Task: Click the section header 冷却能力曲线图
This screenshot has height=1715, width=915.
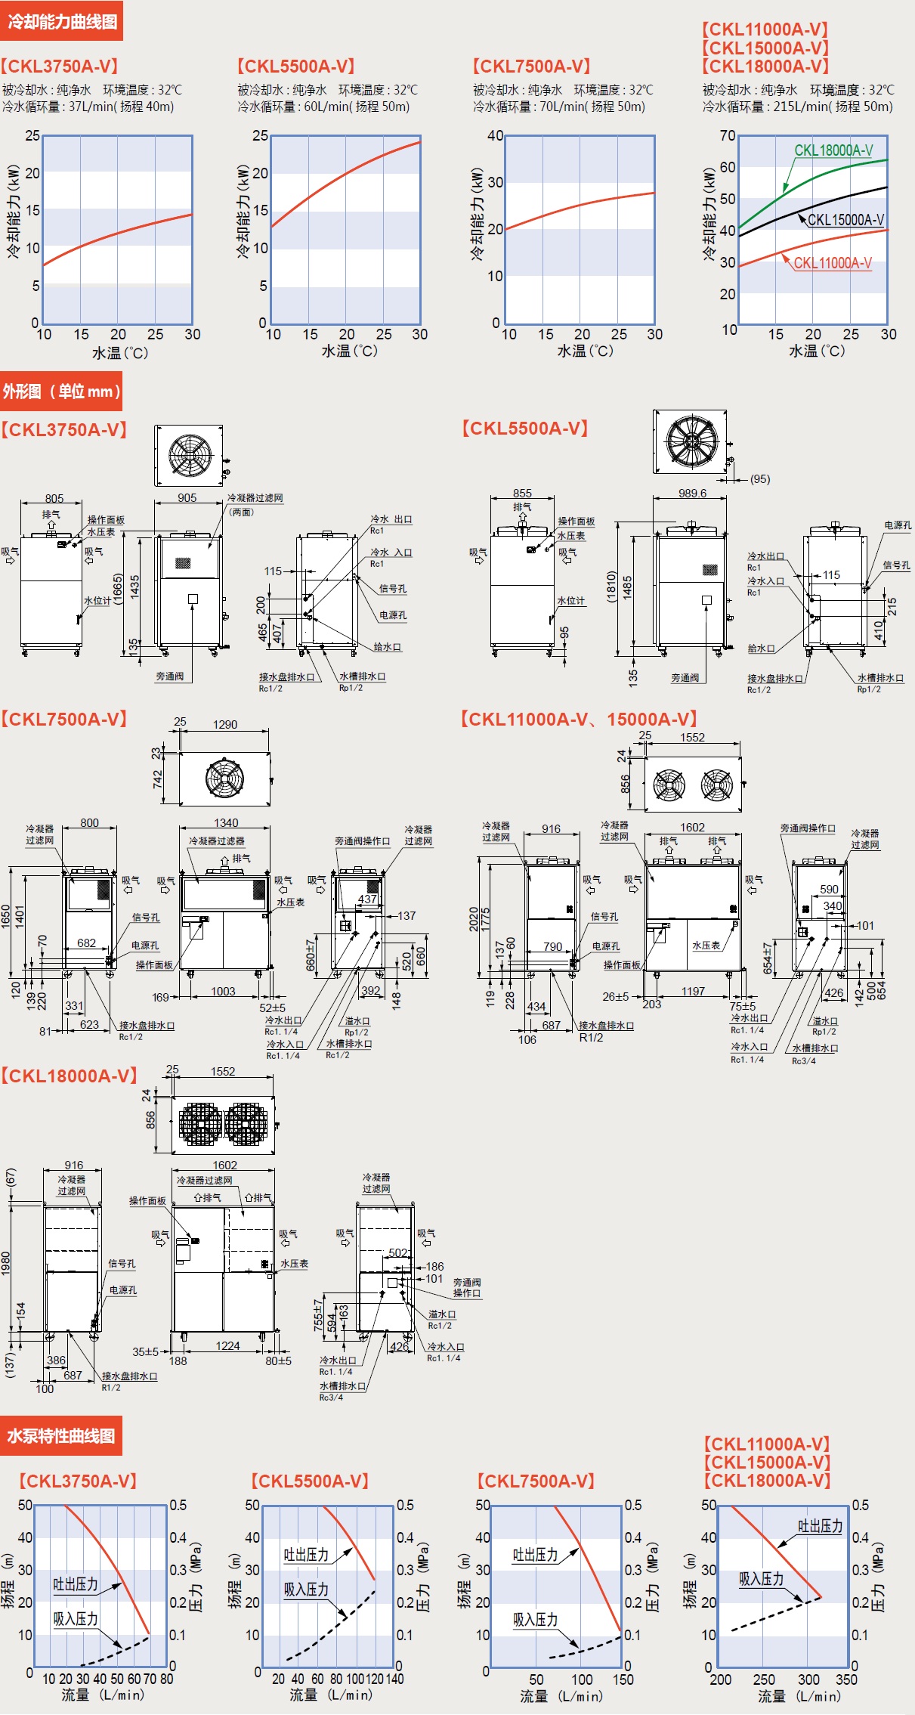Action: tap(62, 21)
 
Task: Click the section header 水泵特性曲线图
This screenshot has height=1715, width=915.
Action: tap(61, 1435)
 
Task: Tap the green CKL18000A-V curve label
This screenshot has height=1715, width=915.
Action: tap(833, 150)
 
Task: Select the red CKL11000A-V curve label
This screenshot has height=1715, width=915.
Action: tap(832, 263)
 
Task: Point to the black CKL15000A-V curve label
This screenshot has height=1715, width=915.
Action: tap(845, 220)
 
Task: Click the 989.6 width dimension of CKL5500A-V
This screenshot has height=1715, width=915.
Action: tap(692, 494)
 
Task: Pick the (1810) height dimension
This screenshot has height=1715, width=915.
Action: tap(612, 586)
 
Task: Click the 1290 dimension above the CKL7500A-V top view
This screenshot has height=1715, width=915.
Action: tap(224, 724)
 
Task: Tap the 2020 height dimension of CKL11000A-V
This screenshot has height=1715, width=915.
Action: tap(474, 918)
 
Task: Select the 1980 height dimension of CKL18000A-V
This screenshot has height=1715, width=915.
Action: tap(6, 1263)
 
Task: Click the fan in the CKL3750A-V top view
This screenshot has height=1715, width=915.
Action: tap(189, 455)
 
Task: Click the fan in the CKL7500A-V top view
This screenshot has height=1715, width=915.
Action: tap(224, 779)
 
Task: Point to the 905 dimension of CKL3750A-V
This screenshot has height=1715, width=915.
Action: tap(187, 498)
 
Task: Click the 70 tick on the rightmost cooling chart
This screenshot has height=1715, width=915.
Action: tap(727, 135)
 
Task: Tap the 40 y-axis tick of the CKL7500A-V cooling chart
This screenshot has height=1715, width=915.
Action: tap(495, 135)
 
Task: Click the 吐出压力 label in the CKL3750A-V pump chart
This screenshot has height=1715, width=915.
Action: tap(76, 1584)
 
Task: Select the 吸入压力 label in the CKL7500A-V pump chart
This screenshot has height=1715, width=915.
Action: tap(535, 1620)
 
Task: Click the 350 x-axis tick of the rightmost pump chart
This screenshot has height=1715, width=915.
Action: tap(846, 1679)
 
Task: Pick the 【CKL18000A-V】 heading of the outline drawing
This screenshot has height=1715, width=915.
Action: tap(69, 1076)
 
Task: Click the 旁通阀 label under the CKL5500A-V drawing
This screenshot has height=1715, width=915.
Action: tap(685, 678)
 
